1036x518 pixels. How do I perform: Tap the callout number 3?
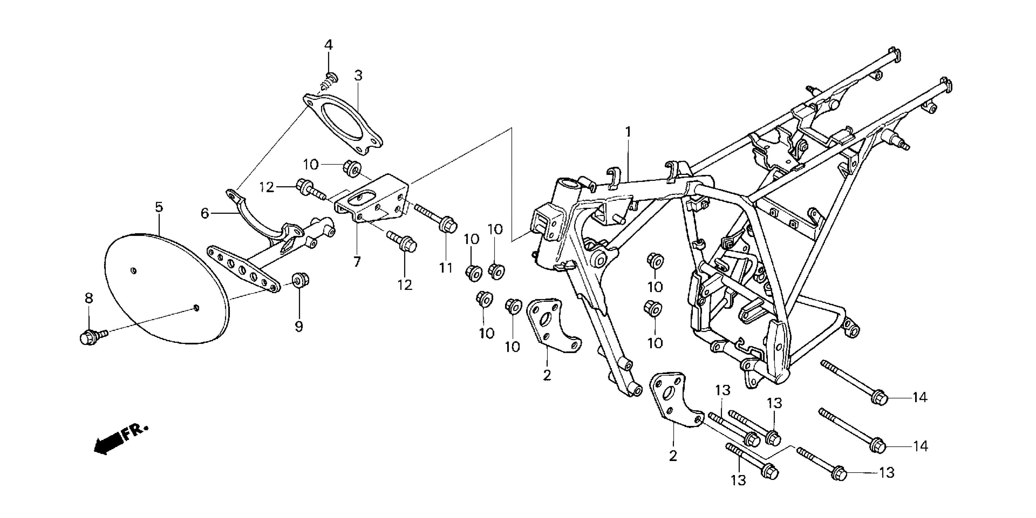358,75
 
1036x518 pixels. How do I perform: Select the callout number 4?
328,45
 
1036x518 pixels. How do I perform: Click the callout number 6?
205,213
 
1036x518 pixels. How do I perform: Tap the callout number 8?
89,298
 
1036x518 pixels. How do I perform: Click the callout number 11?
446,268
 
